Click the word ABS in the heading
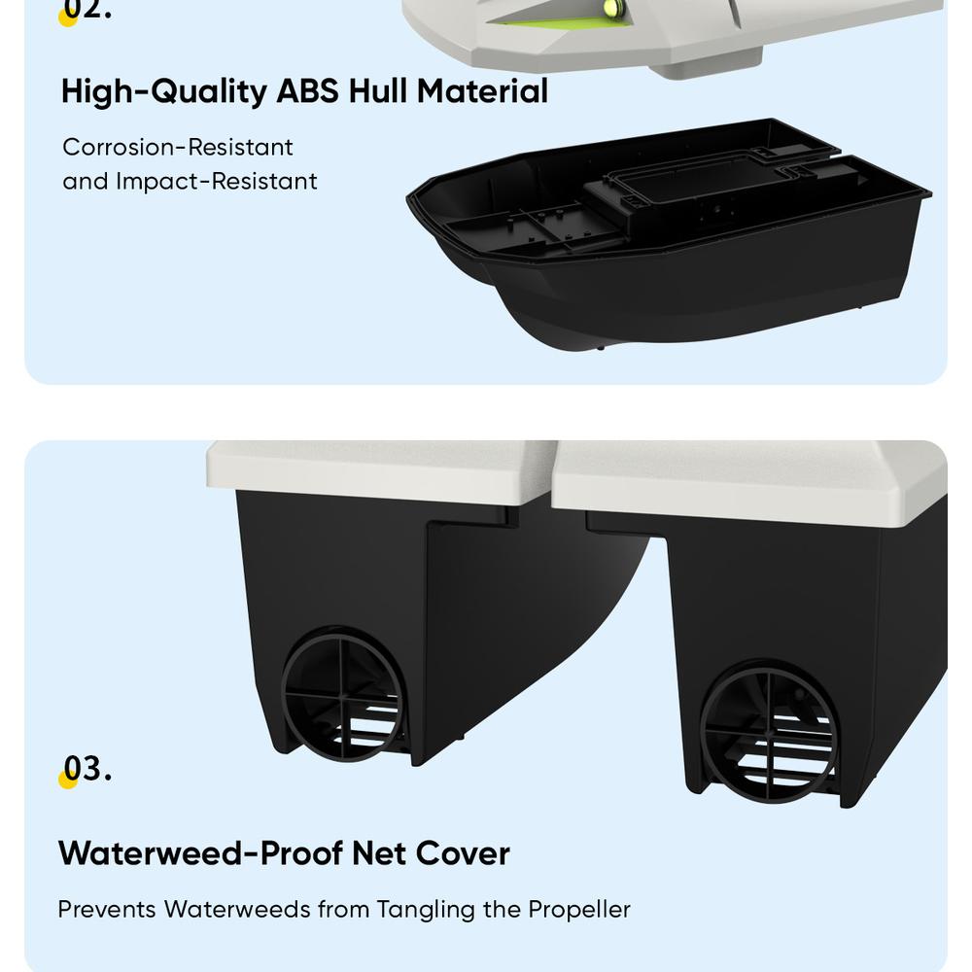(x=307, y=91)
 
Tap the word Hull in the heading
(x=377, y=91)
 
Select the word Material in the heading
(x=482, y=91)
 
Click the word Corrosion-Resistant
(x=177, y=147)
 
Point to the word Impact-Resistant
(x=217, y=182)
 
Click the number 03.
(x=87, y=769)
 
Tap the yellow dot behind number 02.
(x=68, y=17)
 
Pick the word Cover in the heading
(x=463, y=853)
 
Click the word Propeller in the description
(x=579, y=910)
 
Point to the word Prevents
(x=107, y=910)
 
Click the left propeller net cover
(x=343, y=695)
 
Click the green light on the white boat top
(x=611, y=8)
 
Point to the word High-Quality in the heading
(x=163, y=91)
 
